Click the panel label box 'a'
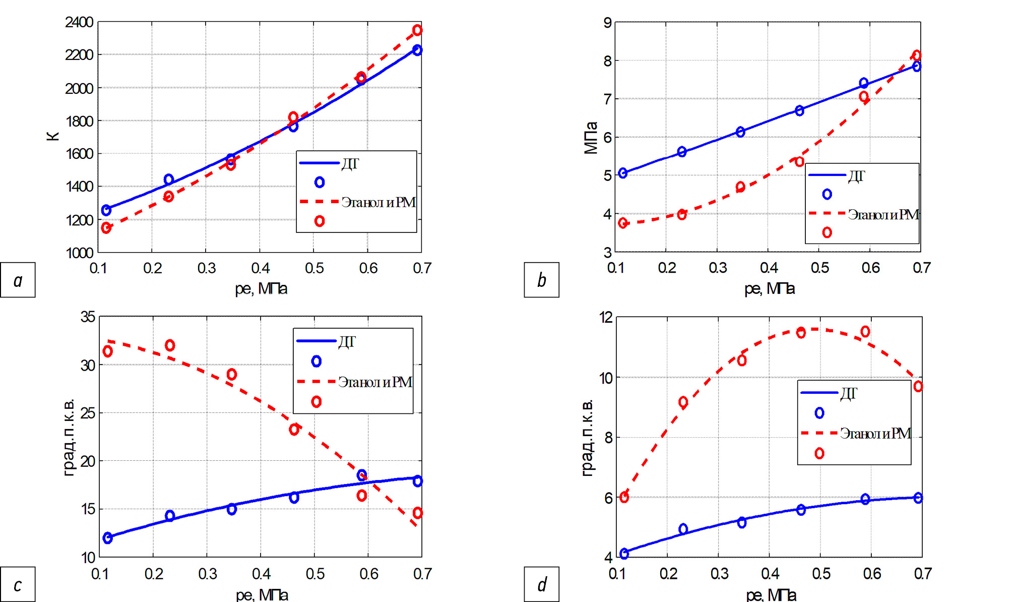click(18, 280)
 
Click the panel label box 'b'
click(541, 280)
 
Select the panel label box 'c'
click(18, 584)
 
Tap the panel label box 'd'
click(541, 584)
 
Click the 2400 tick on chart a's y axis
click(79, 22)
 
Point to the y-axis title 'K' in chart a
click(53, 136)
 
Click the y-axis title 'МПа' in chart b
click(590, 138)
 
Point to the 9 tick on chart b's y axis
click(607, 23)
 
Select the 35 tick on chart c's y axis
click(88, 317)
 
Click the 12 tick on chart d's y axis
click(606, 317)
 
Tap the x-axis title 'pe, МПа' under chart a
click(261, 288)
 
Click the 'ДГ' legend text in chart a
click(350, 164)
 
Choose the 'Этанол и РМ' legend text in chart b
click(883, 215)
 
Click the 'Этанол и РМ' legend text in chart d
click(875, 434)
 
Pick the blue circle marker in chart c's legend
click(316, 361)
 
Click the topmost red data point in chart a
click(417, 30)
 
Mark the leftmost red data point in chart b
click(623, 223)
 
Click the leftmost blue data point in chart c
click(107, 538)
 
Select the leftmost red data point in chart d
click(624, 497)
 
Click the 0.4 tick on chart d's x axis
click(770, 574)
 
